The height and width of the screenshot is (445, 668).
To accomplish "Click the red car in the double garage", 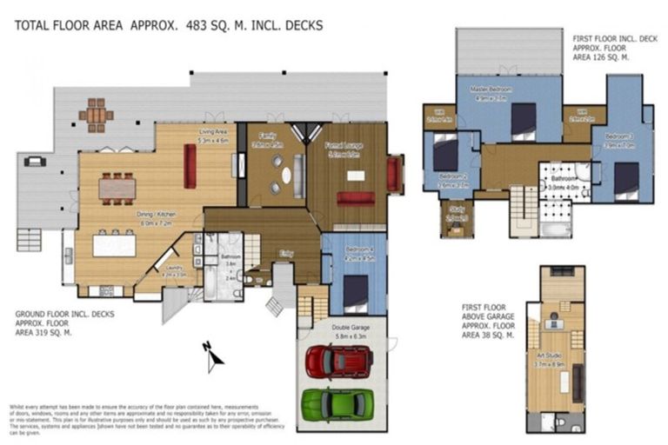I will [x=340, y=361].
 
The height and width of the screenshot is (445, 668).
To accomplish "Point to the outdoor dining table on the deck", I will [x=96, y=114].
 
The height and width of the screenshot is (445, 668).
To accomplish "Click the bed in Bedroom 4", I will [x=356, y=291].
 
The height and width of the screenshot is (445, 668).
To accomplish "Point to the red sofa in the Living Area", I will [x=190, y=164].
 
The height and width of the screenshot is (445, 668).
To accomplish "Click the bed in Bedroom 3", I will [x=626, y=180].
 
